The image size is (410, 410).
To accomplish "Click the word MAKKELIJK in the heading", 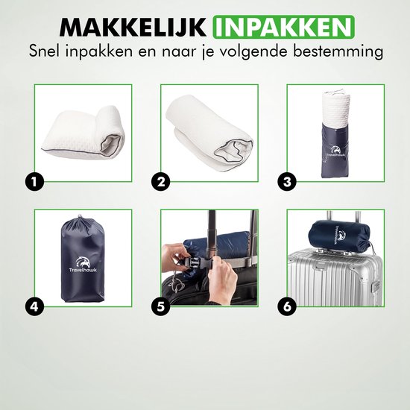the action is click(x=133, y=27).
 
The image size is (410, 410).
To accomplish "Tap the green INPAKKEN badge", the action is click(x=284, y=27).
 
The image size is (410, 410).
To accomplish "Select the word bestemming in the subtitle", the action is click(x=338, y=51).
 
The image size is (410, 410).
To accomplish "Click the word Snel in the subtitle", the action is click(x=45, y=51).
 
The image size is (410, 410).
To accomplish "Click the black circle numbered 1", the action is click(x=34, y=182).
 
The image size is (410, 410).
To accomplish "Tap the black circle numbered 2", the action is click(x=161, y=182).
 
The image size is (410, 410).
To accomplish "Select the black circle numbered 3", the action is click(x=287, y=182).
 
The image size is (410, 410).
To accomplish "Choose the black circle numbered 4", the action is click(x=34, y=306).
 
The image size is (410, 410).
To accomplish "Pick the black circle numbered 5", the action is click(x=161, y=306).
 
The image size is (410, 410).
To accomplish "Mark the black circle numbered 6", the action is click(x=287, y=306).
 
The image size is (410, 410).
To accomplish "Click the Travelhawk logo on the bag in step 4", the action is click(x=83, y=265).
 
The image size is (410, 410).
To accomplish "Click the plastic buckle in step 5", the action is click(x=192, y=262).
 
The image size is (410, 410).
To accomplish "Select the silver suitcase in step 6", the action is click(x=335, y=277).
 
